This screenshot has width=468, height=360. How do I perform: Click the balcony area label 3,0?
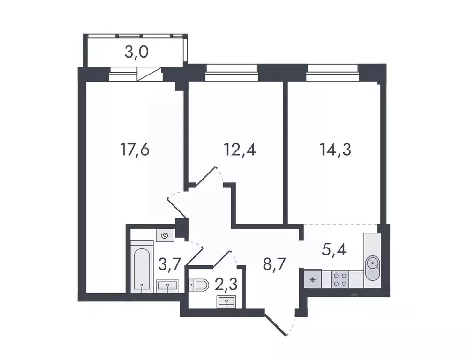pos(136,52)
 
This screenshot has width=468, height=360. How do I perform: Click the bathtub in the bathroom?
pos(142,267)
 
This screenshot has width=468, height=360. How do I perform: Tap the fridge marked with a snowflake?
pos(312,279)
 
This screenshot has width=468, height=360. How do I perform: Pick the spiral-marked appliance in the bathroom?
pos(165,236)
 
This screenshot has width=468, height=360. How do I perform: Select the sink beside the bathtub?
pos(167,285)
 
